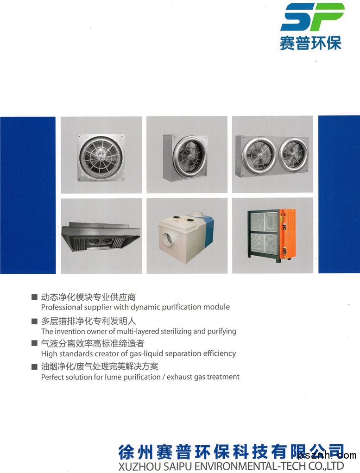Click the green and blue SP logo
tap(312, 17)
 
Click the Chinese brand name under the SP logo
tap(310, 43)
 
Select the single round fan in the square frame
tap(101, 158)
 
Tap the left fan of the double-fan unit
tap(259, 156)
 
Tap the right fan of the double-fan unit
tap(293, 155)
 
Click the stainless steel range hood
tap(101, 236)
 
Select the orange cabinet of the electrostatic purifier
tap(287, 233)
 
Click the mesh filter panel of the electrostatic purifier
tap(264, 232)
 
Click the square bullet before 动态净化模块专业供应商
tap(35, 297)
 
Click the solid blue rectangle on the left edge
tap(28, 195)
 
